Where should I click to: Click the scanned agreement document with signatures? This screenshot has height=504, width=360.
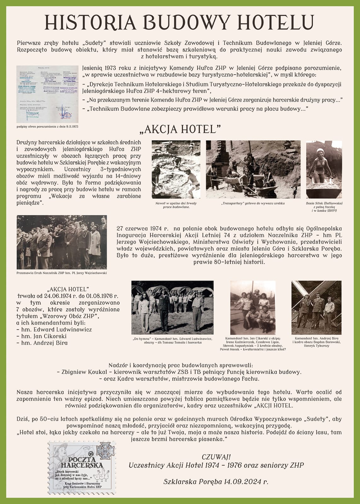click(x=47, y=94)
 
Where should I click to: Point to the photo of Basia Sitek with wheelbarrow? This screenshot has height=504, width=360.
click(x=324, y=169)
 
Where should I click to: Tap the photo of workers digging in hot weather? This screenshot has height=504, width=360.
click(x=176, y=169)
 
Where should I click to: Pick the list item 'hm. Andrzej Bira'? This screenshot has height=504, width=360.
click(x=44, y=343)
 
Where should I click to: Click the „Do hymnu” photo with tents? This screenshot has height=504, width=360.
click(x=172, y=307)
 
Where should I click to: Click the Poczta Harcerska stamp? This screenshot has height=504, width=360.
click(x=81, y=465)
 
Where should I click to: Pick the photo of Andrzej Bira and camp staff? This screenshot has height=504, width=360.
click(x=316, y=307)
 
